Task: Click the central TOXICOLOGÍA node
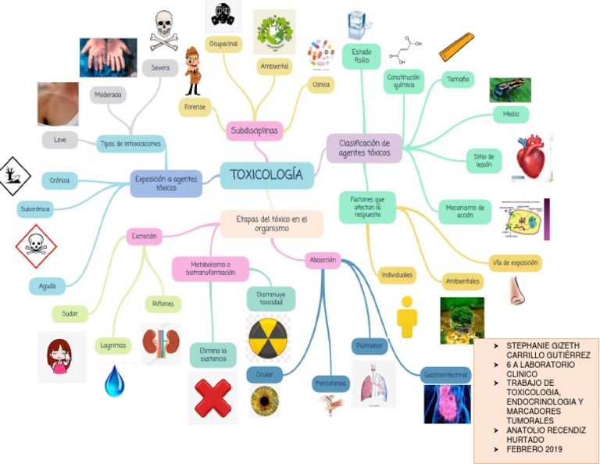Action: (x=266, y=175)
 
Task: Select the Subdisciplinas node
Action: (x=254, y=130)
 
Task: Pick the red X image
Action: (x=212, y=398)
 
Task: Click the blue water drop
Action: (x=115, y=380)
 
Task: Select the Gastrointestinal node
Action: (x=446, y=374)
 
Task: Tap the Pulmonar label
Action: (x=369, y=344)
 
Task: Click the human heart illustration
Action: (x=532, y=157)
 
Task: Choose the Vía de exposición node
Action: (x=516, y=262)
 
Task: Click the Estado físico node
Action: (x=361, y=56)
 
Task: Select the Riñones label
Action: (x=164, y=303)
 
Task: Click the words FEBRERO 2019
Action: (x=534, y=449)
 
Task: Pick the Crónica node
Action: (x=59, y=180)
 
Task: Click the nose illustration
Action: (x=517, y=291)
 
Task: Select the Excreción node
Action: (x=145, y=235)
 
